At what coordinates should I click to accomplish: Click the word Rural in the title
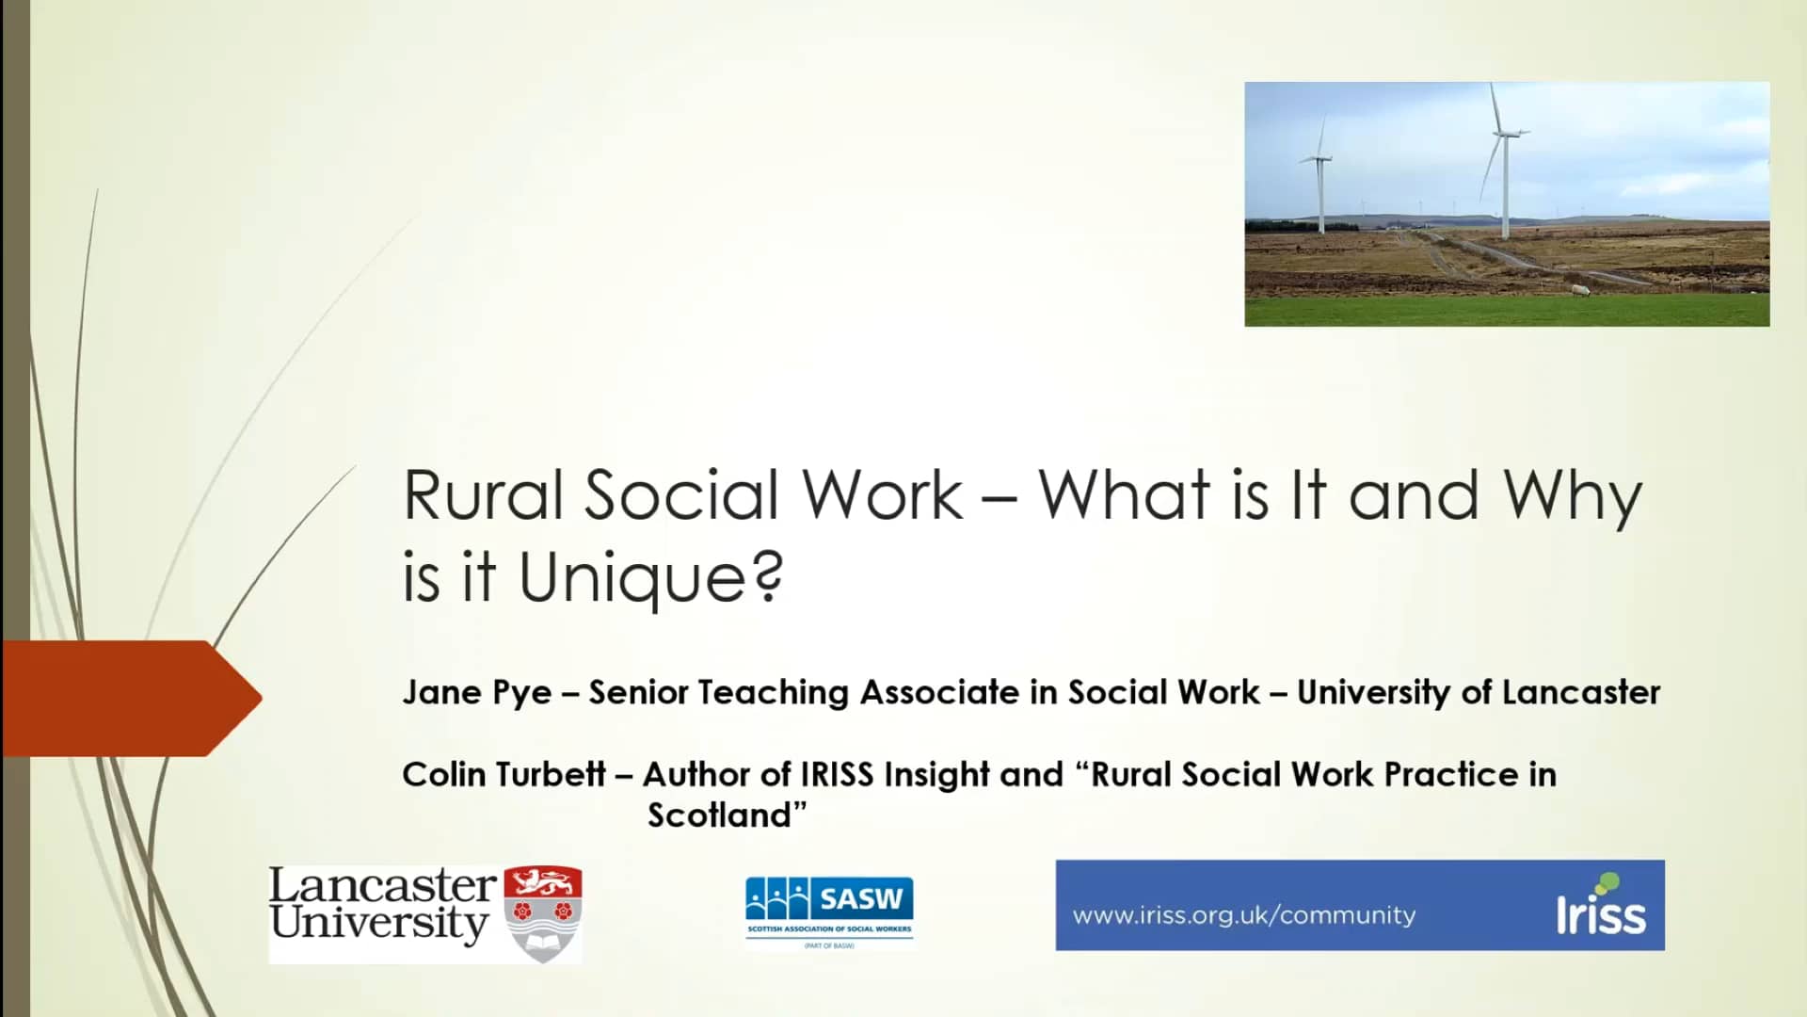pyautogui.click(x=483, y=495)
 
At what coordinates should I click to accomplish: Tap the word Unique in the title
pyautogui.click(x=632, y=577)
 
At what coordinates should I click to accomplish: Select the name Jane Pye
pyautogui.click(x=476, y=692)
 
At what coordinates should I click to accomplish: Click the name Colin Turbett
pyautogui.click(x=503, y=774)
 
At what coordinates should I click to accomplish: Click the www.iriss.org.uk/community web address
pyautogui.click(x=1243, y=915)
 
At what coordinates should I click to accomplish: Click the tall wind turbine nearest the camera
pyautogui.click(x=1504, y=160)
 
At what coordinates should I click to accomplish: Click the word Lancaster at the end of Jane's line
pyautogui.click(x=1580, y=692)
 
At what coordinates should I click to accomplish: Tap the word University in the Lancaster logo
pyautogui.click(x=378, y=923)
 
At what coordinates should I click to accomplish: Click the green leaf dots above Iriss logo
pyautogui.click(x=1606, y=883)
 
